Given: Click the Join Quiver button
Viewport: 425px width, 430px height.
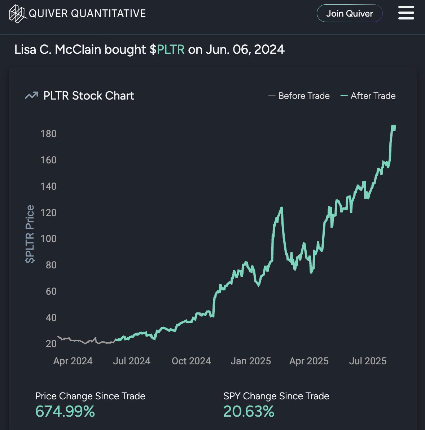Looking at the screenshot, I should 349,13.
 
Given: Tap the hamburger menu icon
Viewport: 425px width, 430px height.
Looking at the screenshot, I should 406,13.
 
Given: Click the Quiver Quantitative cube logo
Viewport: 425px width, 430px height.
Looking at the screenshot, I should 17,14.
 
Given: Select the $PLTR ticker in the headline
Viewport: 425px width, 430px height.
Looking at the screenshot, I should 167,49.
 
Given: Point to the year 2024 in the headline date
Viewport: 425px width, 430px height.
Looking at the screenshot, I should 269,49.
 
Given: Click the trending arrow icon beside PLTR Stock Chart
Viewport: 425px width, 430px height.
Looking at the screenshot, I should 31,96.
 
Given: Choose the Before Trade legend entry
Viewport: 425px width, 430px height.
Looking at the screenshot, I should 299,96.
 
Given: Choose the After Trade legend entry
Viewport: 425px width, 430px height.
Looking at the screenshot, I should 368,96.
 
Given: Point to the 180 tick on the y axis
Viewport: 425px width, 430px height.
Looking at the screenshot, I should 49,134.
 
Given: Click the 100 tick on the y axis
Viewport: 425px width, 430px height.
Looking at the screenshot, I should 49,239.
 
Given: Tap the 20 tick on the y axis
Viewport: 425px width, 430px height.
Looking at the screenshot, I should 51,344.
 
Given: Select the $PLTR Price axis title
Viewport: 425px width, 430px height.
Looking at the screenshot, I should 30,234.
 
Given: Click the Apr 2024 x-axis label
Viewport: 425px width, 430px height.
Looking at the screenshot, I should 73,361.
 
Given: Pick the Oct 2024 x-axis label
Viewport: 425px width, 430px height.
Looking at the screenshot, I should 191,361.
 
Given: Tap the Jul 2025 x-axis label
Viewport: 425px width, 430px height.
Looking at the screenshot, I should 368,361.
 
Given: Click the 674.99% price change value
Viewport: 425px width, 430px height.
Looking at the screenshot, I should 65,412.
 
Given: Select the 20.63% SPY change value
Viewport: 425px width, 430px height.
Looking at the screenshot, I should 249,412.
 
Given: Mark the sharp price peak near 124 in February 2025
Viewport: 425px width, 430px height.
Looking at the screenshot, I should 281,208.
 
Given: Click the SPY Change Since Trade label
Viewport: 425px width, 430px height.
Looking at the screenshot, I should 276,396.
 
